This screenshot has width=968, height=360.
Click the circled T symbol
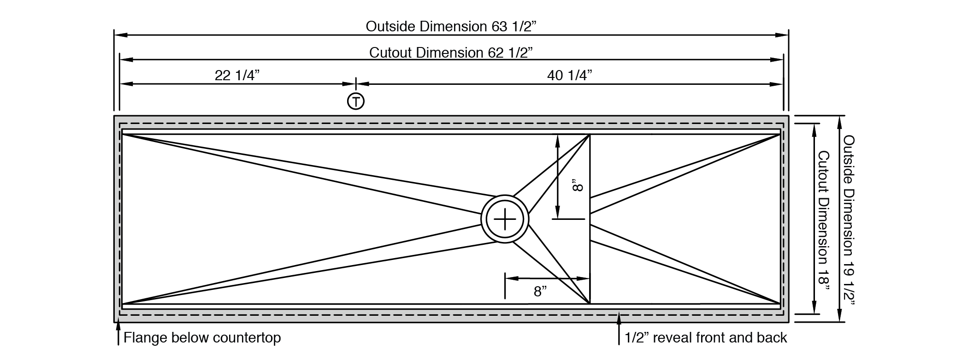coord(355,101)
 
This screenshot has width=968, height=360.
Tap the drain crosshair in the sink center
coord(505,219)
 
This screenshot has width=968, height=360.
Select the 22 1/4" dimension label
coord(237,75)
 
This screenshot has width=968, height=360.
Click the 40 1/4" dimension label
coord(570,75)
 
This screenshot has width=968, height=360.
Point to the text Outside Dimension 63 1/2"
coord(451,26)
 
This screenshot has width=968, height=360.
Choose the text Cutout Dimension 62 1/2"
coord(451,52)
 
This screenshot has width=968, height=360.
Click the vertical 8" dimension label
coord(578,187)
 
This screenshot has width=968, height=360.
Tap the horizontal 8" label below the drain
coord(541,291)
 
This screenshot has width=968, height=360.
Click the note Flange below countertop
coord(202,338)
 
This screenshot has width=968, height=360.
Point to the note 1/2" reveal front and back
coord(706,338)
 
